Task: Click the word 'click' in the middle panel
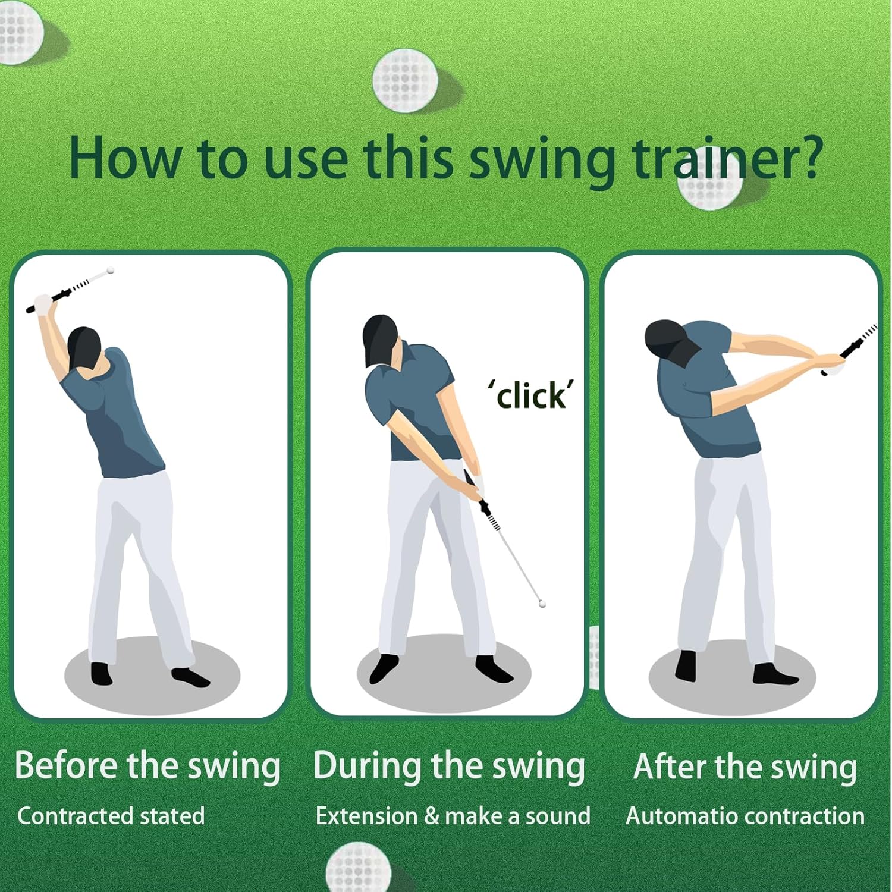click(x=531, y=395)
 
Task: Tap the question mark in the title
click(x=806, y=157)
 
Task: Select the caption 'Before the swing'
click(x=147, y=766)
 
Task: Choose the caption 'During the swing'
click(x=449, y=766)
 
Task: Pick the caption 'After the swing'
click(x=745, y=767)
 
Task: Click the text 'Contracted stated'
click(x=111, y=816)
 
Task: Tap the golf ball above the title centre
click(x=406, y=81)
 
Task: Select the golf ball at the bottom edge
click(x=358, y=868)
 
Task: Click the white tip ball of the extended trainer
click(x=542, y=604)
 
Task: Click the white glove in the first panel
click(x=44, y=304)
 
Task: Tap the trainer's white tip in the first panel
click(x=110, y=271)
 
